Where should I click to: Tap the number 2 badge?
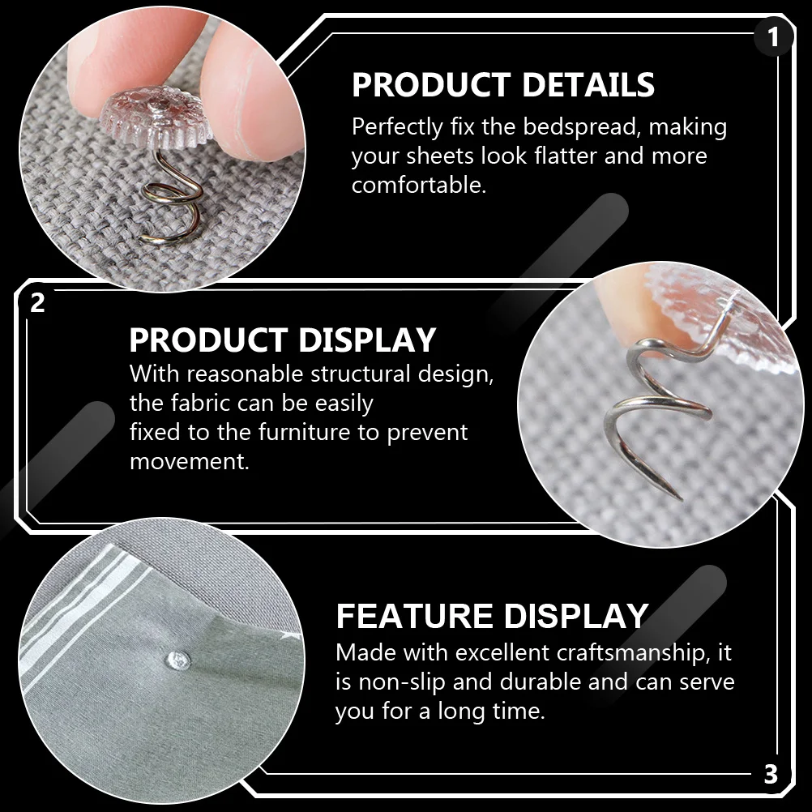tap(37, 303)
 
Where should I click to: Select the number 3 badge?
tap(771, 774)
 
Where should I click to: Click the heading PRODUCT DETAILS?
tap(502, 85)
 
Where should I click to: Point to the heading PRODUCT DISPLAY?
tap(282, 340)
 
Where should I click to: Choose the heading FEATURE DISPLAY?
tap(492, 617)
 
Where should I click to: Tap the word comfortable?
tap(418, 185)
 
